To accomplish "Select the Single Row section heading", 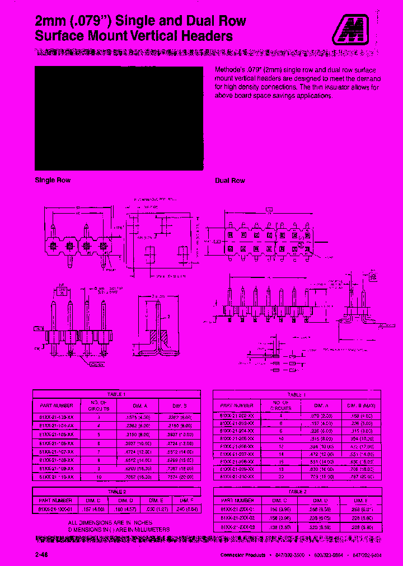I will (53, 180).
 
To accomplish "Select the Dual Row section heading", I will (230, 181).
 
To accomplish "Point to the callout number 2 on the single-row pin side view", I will (167, 316).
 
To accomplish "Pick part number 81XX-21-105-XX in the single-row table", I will (57, 434).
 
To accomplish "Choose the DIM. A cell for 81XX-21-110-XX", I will (135, 477).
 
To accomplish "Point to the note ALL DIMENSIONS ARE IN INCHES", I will (76, 522).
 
